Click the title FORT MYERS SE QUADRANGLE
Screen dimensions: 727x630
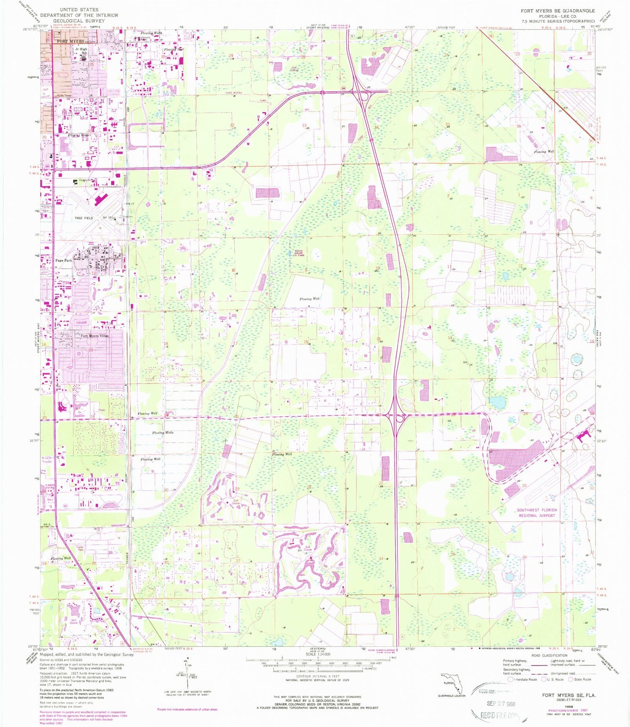(557, 10)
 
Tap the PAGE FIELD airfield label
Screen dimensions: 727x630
(84, 218)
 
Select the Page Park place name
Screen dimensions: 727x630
(64, 260)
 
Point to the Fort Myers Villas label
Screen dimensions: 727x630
(94, 336)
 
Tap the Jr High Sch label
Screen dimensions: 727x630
(81, 51)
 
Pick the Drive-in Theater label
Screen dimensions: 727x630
(47, 460)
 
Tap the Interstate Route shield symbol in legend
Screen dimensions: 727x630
(510, 679)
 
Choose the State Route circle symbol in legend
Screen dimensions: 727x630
(571, 679)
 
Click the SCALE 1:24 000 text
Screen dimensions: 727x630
(318, 654)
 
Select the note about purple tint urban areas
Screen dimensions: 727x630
(187, 709)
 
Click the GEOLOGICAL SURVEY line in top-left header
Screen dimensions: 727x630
(79, 21)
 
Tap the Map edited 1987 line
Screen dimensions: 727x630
(51, 723)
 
